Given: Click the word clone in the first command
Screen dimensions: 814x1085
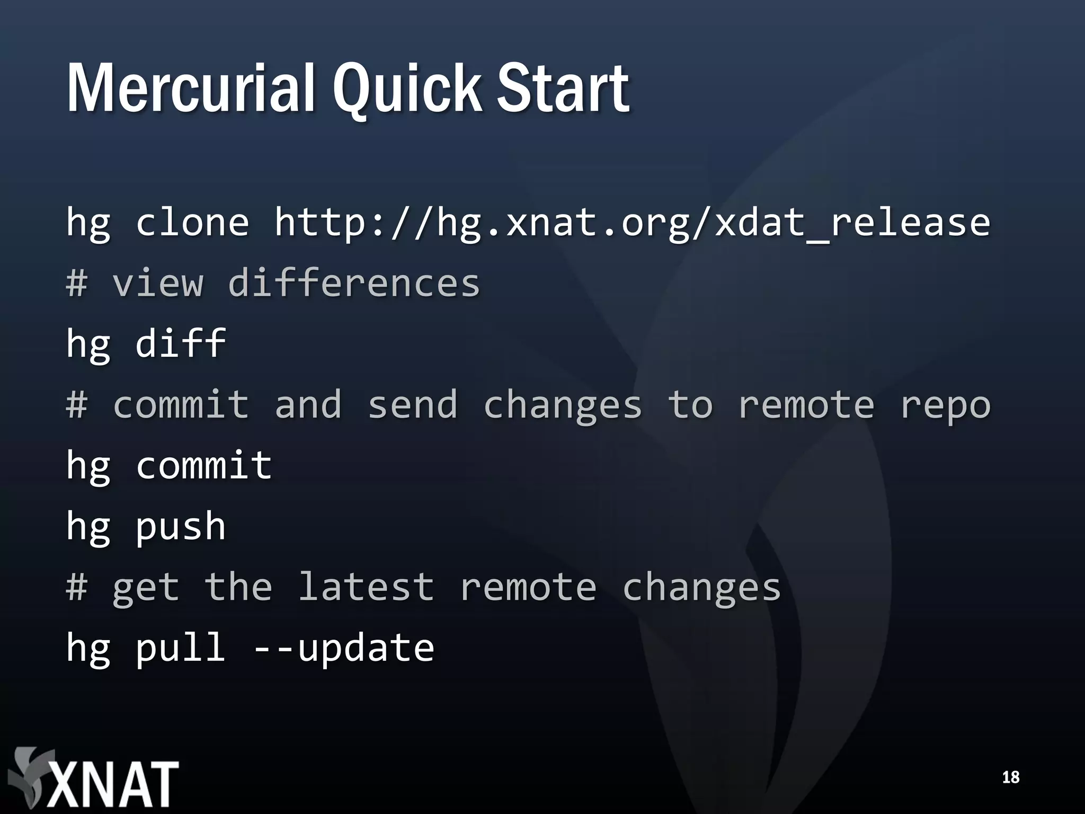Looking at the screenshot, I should (x=192, y=223).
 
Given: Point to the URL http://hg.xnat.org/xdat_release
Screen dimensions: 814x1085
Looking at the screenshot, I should (x=632, y=223).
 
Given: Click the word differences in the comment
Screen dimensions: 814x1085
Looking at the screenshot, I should (x=353, y=283).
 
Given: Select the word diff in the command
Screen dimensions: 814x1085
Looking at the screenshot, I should (x=181, y=343).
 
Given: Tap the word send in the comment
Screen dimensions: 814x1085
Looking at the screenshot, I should (x=412, y=405).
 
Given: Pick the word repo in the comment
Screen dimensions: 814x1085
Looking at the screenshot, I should (x=945, y=405).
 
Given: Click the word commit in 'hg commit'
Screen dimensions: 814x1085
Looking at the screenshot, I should (x=204, y=465).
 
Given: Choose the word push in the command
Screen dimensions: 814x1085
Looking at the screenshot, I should (x=181, y=527).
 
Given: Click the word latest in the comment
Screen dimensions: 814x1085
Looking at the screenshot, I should (x=366, y=587).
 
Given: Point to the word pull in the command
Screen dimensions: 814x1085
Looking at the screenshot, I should (x=181, y=649).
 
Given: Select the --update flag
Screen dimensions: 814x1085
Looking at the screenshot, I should (x=343, y=649).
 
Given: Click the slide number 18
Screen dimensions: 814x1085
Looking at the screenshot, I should (x=1010, y=777).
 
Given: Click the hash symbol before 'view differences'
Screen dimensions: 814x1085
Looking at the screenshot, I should (x=77, y=283).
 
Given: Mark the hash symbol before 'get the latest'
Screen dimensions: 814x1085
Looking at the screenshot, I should (x=77, y=587).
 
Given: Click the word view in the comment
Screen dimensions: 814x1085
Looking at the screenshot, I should (x=157, y=283).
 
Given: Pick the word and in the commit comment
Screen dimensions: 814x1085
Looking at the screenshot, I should (x=308, y=405).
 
